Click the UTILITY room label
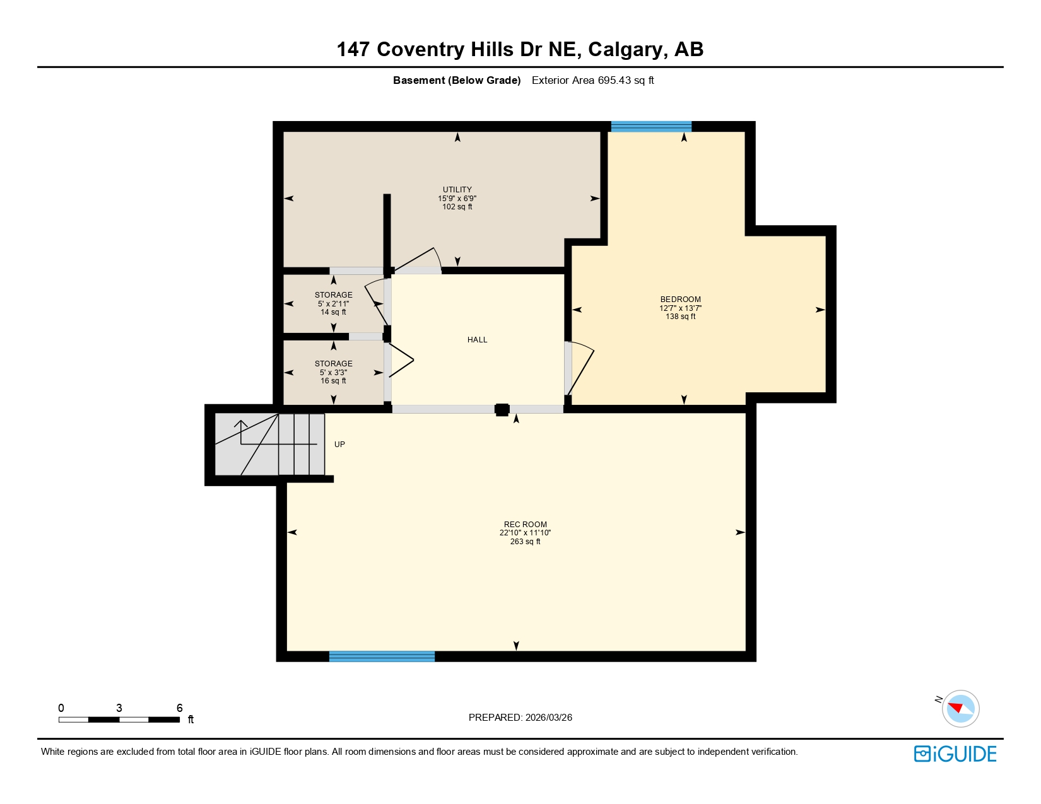click(457, 189)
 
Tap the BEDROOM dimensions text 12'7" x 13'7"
click(680, 308)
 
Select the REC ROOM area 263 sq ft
click(525, 542)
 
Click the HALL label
click(477, 340)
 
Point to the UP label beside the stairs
click(339, 445)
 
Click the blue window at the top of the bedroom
click(650, 127)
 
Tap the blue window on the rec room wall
click(382, 656)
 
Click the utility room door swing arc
click(419, 259)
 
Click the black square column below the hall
click(502, 410)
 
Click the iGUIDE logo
click(955, 754)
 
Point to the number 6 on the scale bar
click(179, 708)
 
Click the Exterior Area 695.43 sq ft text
click(592, 80)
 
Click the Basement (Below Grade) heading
click(457, 80)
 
